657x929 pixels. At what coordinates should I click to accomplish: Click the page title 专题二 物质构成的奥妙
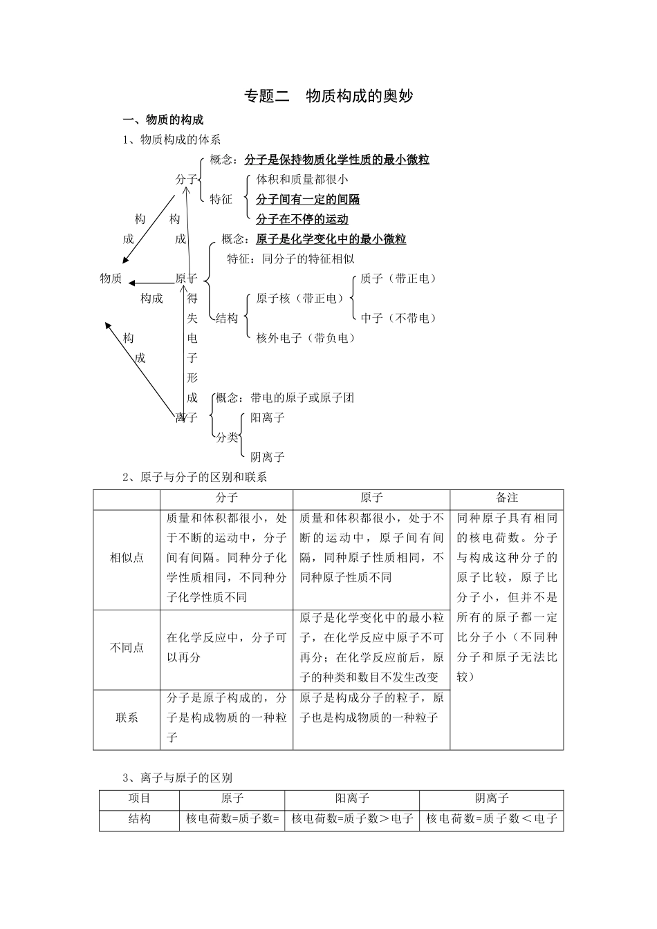(328, 96)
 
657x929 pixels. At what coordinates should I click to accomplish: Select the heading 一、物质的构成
(163, 120)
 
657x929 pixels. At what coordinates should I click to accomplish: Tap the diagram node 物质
(111, 279)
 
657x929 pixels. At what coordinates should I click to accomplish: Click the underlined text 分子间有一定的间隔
(308, 200)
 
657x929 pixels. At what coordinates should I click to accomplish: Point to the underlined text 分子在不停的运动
(302, 220)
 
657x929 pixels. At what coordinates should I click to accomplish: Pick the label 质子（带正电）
(398, 279)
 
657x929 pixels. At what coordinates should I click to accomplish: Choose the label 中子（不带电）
(398, 318)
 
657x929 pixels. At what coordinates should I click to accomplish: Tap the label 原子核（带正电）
(300, 299)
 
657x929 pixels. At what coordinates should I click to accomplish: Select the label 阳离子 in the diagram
(268, 417)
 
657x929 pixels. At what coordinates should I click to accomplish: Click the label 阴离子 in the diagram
(268, 457)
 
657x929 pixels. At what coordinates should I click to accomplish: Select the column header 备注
(507, 498)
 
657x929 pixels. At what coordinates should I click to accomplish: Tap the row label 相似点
(127, 558)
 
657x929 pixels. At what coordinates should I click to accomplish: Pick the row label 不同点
(127, 648)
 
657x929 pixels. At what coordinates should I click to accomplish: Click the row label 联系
(127, 717)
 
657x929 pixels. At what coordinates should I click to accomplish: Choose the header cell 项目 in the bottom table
(139, 798)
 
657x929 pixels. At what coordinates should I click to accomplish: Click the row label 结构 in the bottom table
(139, 818)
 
